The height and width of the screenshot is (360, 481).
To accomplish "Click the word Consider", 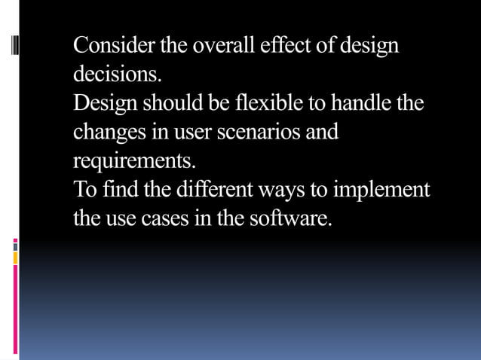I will (x=111, y=46).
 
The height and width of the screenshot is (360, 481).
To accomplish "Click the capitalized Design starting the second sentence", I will (x=107, y=104).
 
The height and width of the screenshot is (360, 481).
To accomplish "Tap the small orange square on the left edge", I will (x=15, y=258).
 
